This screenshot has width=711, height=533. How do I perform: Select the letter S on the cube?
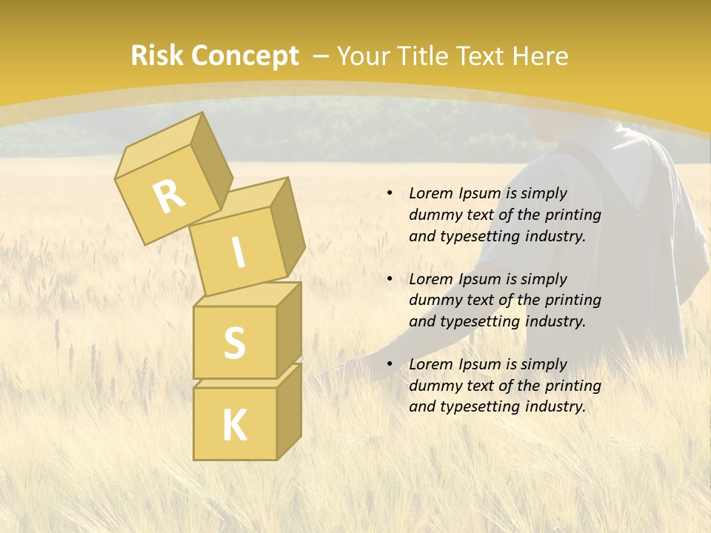click(234, 343)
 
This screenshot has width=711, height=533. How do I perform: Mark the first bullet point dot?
click(390, 194)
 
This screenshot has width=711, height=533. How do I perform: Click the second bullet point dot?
click(390, 280)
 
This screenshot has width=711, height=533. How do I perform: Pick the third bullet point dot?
click(390, 365)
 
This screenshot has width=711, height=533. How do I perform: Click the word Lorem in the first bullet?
click(431, 194)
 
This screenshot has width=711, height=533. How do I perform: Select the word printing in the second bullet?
click(573, 301)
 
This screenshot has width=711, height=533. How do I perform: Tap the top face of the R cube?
click(161, 144)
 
